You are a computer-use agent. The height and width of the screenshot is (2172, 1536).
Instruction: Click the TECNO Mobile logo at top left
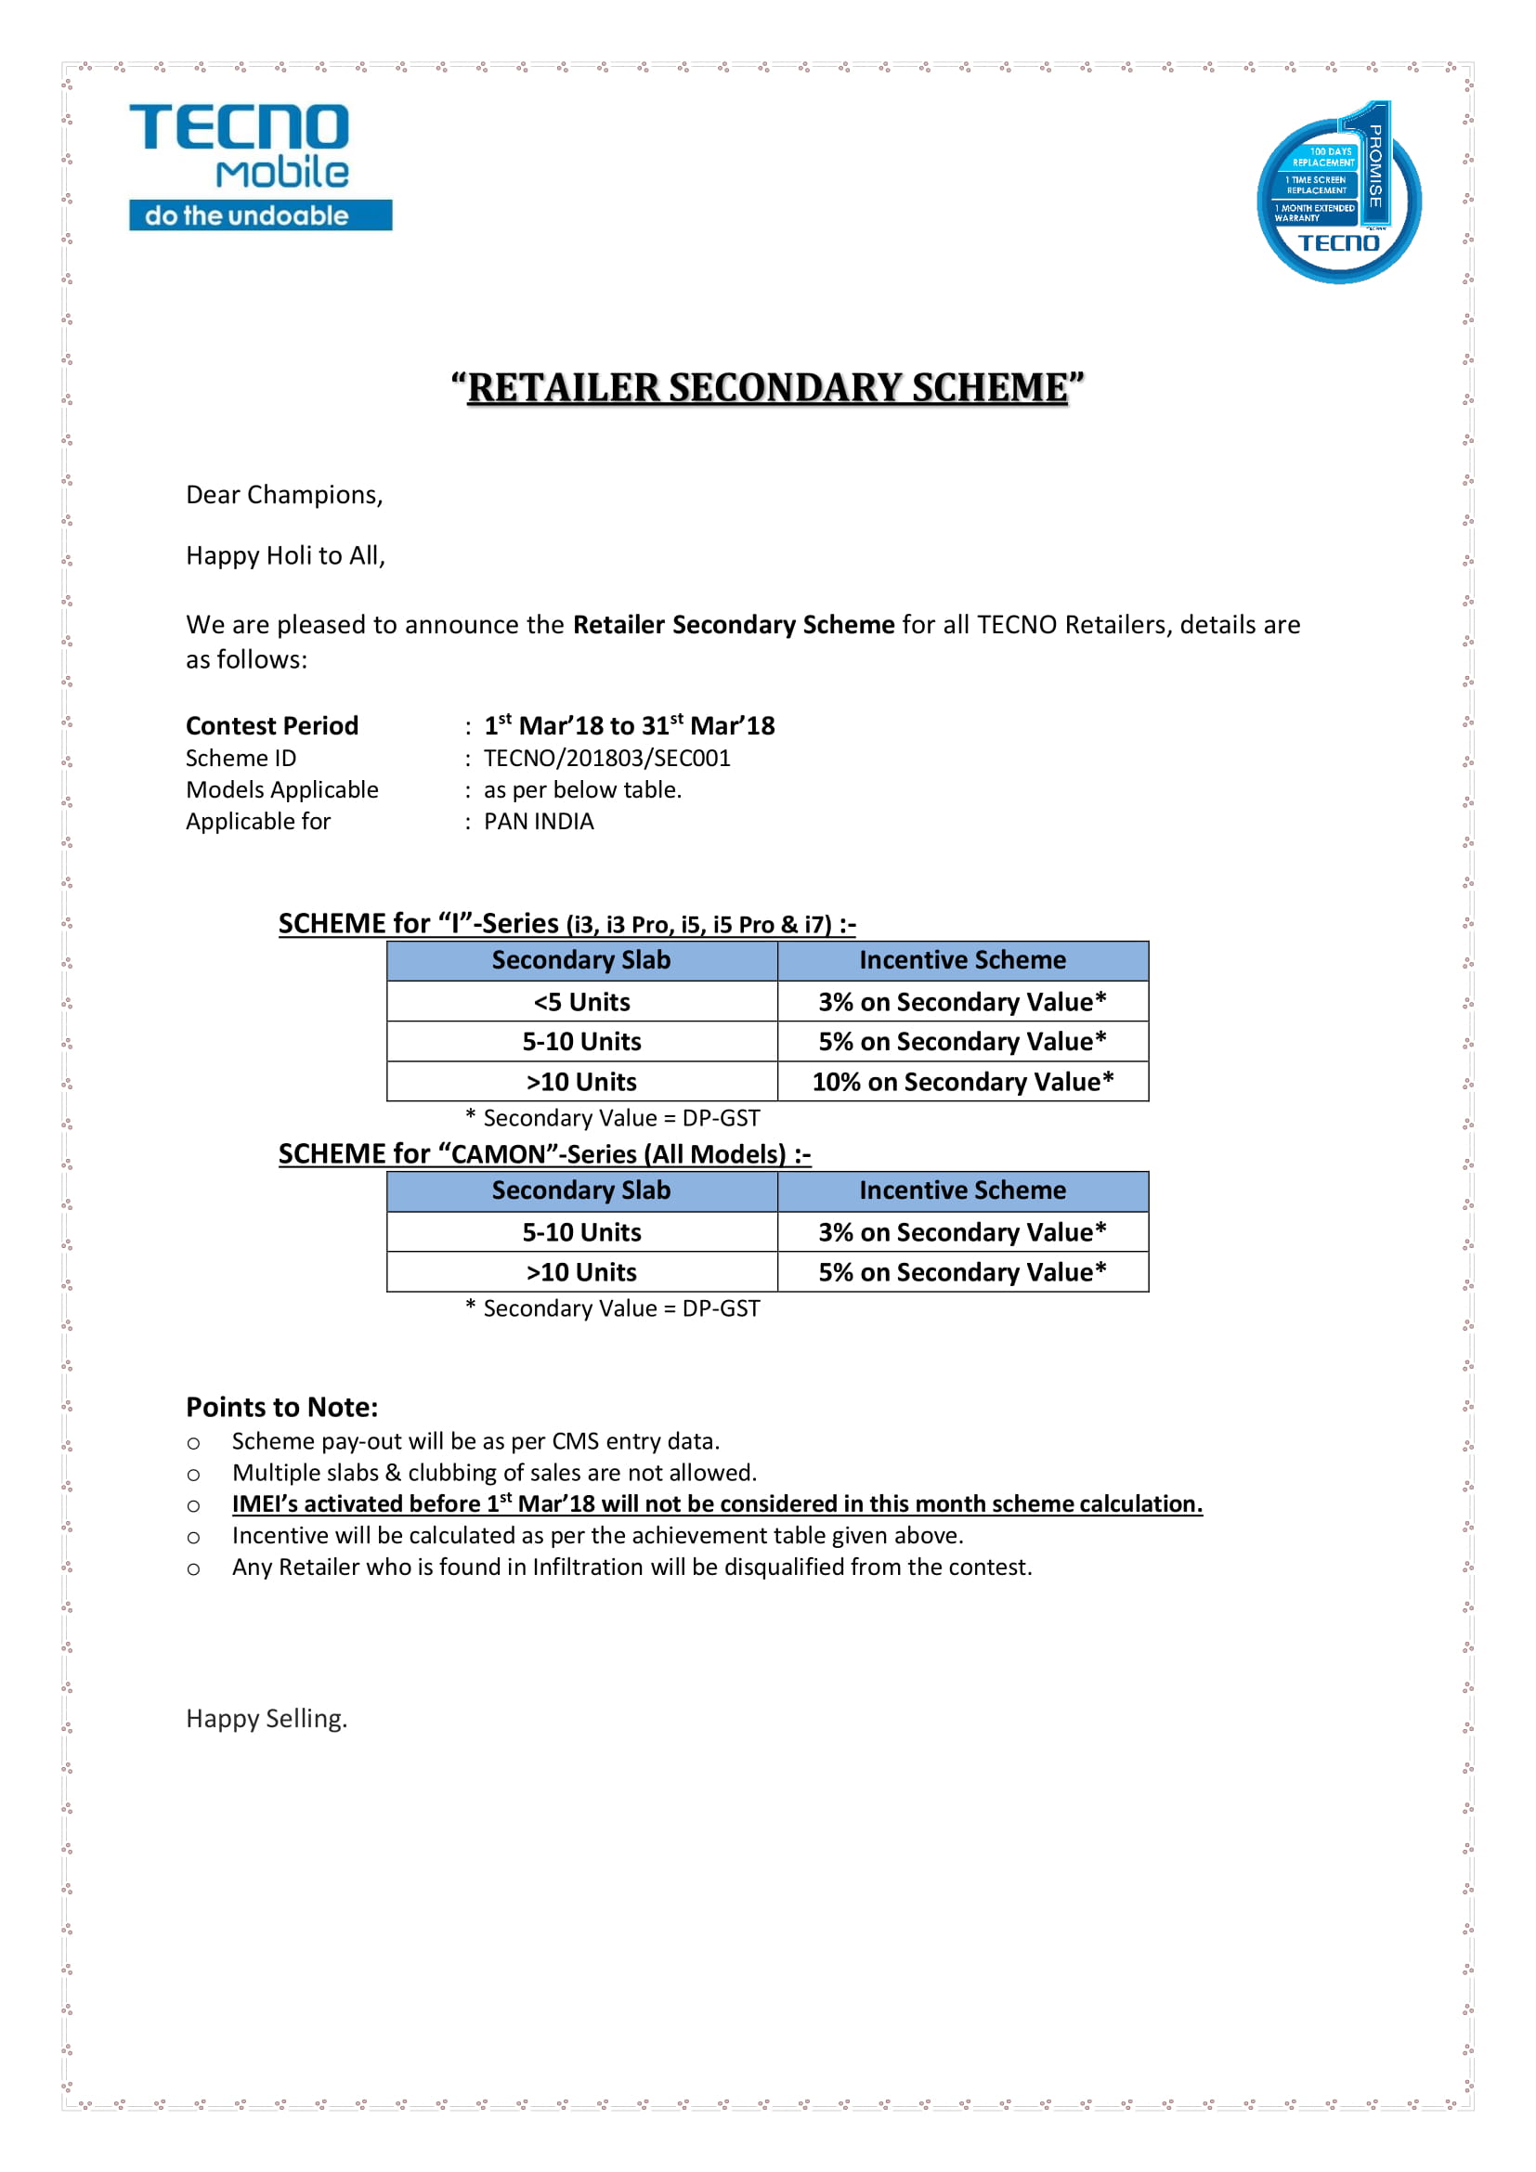pos(260,165)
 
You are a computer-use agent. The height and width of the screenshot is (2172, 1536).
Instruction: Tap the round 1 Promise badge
pos(1337,194)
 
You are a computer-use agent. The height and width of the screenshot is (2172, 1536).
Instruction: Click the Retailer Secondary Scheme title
pos(767,388)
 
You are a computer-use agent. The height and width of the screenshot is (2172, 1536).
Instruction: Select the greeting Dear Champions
pos(284,495)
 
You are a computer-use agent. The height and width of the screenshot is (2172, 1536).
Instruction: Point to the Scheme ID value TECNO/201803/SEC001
pos(606,758)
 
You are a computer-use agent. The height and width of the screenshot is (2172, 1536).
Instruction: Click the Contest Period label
pos(271,725)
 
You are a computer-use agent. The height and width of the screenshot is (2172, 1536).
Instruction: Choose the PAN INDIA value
pos(539,821)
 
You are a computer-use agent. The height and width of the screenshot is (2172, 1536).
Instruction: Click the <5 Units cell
pos(580,1001)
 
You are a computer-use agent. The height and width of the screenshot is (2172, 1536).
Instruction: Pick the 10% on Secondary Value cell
pos(962,1081)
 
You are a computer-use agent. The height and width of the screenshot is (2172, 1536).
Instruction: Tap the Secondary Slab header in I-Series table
pos(580,960)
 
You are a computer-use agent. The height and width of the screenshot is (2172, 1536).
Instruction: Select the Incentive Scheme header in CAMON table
pos(962,1190)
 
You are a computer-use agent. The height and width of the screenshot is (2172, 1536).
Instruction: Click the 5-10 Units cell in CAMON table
pos(580,1231)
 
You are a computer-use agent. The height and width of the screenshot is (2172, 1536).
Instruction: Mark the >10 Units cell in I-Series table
pos(580,1081)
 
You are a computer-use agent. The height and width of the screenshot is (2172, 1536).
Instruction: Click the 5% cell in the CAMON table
pos(962,1272)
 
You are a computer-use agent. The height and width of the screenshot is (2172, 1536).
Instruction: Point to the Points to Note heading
pos(282,1407)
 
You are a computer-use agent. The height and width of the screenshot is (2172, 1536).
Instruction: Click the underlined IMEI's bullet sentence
pos(717,1504)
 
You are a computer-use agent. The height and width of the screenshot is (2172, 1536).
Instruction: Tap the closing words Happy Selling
pos(267,1718)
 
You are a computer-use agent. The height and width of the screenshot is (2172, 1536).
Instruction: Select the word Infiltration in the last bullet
pos(587,1567)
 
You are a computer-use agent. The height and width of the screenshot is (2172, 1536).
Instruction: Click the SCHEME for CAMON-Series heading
pos(544,1154)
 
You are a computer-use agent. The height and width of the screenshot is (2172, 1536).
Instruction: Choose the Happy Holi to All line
pos(285,555)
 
